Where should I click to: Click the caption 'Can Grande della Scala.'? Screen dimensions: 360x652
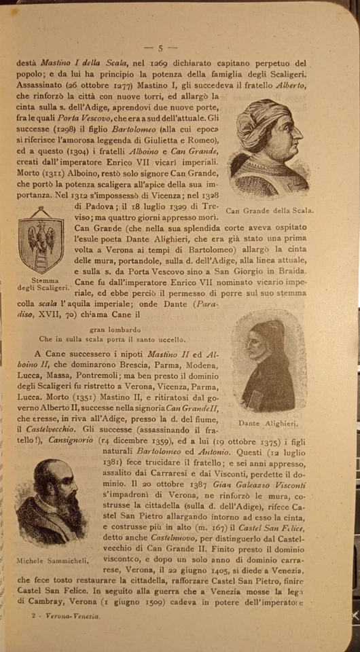269,211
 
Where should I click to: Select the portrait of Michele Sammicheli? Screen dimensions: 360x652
47,502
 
